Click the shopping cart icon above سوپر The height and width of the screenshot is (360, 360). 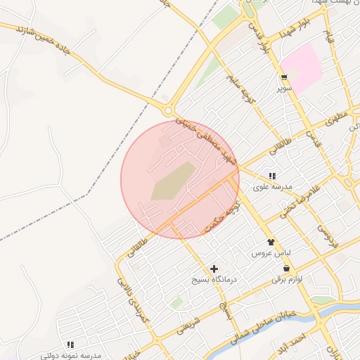(x=284, y=79)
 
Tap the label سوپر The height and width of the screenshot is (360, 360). (x=284, y=89)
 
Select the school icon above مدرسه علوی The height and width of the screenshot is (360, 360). (x=272, y=176)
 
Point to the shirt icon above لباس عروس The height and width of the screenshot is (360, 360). (x=271, y=242)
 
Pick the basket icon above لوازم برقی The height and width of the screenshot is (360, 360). (x=286, y=269)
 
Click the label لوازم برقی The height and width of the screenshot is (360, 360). (x=287, y=279)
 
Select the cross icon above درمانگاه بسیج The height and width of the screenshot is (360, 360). (x=214, y=269)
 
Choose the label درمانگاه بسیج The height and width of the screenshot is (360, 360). (x=215, y=279)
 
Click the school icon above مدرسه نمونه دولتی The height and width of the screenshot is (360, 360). (x=70, y=345)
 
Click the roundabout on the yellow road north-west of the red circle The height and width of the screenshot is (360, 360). (x=169, y=111)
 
